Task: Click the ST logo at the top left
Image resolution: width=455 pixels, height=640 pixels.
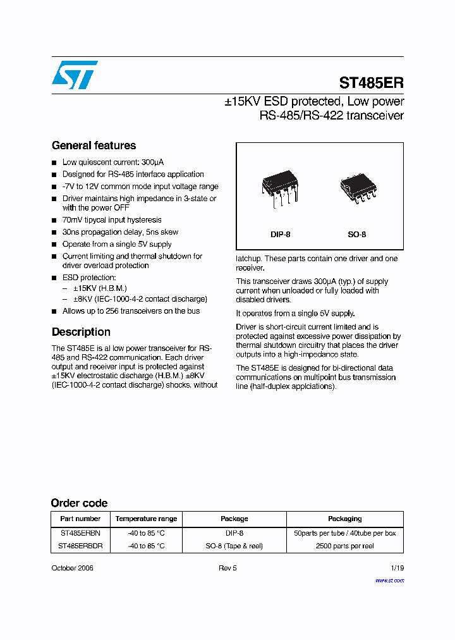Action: click(75, 75)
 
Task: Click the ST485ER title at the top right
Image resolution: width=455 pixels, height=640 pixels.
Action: click(371, 83)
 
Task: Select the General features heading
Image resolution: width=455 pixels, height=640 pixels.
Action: click(94, 145)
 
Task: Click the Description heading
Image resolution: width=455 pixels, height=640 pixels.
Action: click(81, 332)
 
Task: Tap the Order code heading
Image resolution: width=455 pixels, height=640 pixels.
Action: click(79, 503)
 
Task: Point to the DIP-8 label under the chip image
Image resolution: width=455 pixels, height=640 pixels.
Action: click(280, 235)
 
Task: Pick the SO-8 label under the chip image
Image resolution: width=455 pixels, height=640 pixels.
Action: click(356, 235)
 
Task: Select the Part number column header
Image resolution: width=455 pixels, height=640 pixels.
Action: click(80, 519)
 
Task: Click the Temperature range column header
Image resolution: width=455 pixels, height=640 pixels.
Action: click(146, 519)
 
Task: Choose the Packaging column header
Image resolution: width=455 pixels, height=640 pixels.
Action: click(344, 519)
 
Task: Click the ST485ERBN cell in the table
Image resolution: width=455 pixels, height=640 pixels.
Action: click(80, 533)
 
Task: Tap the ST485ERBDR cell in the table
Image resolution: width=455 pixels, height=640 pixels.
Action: click(80, 546)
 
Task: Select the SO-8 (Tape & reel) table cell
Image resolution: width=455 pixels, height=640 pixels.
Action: click(234, 546)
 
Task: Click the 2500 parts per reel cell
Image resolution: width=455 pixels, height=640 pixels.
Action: click(344, 546)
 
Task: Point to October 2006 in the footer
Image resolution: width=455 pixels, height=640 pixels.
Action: click(72, 568)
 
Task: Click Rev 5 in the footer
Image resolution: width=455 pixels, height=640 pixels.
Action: click(227, 568)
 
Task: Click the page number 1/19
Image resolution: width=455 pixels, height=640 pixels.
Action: click(397, 568)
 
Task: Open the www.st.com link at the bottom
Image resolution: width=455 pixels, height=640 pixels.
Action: click(389, 580)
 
